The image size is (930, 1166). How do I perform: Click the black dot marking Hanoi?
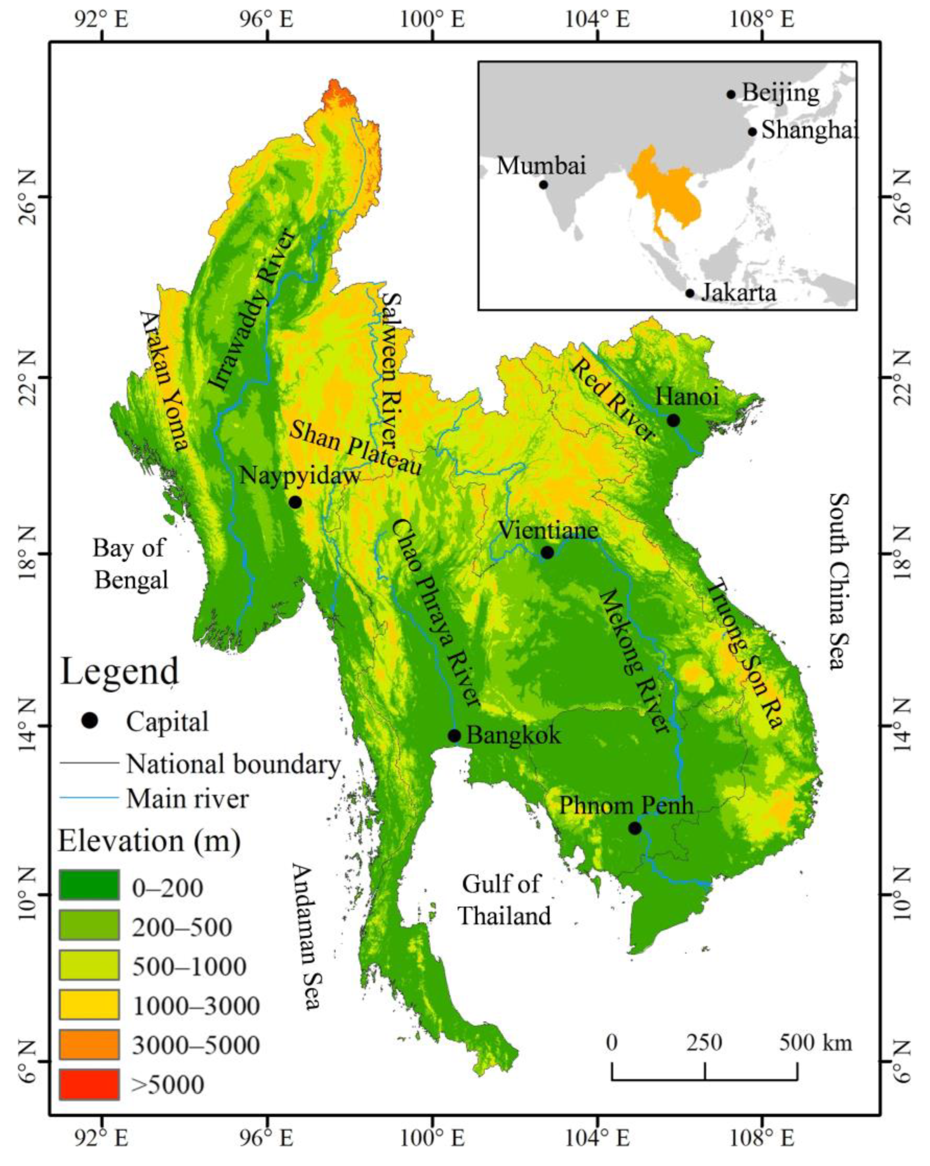[672, 420]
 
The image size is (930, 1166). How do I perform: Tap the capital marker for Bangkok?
[454, 736]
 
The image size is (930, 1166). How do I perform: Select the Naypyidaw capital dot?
[294, 503]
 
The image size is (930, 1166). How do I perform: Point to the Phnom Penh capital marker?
[635, 828]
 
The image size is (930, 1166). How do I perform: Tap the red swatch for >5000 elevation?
[89, 1084]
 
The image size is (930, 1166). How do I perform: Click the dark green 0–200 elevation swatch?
[89, 885]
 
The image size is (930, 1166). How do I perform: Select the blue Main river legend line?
[89, 797]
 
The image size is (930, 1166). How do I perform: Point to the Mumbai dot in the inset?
[543, 184]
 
